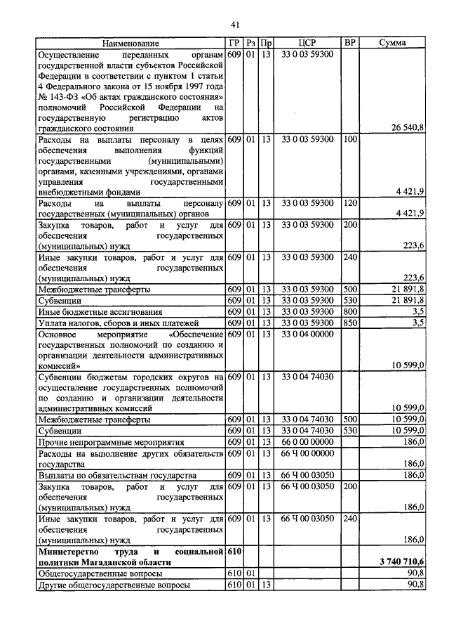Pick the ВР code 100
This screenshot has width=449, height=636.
point(350,139)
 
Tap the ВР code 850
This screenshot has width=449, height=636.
point(350,323)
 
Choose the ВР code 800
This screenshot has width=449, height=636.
point(350,311)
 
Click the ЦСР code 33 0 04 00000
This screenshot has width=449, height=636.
point(307,334)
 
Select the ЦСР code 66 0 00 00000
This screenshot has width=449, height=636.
point(307,441)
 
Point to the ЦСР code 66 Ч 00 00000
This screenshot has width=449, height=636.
point(307,453)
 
